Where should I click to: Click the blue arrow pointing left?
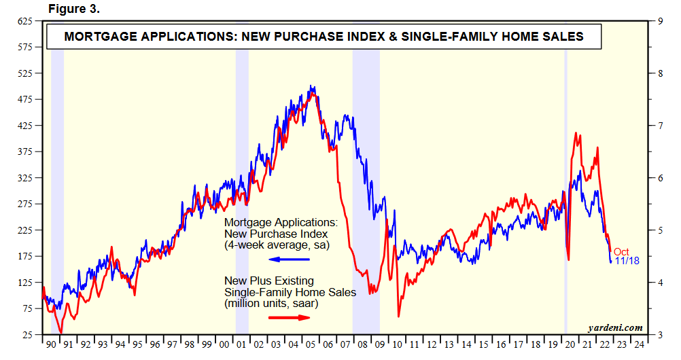point(289,259)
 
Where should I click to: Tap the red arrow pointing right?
point(289,317)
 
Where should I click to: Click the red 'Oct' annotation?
point(621,252)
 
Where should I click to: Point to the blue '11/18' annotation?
point(626,261)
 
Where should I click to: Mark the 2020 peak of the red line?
point(576,134)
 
